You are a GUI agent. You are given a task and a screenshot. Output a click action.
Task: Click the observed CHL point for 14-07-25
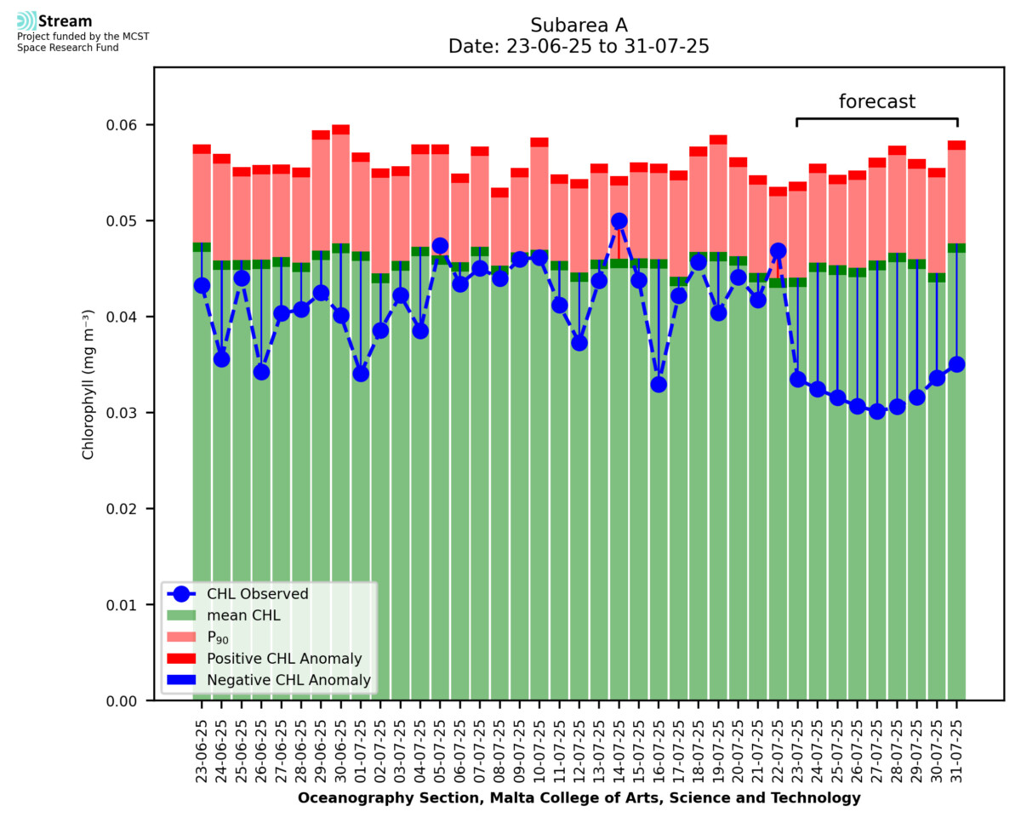tap(619, 221)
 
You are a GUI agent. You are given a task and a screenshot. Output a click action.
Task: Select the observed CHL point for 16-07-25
tap(659, 384)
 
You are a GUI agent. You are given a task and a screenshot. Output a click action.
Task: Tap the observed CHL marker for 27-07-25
tap(877, 411)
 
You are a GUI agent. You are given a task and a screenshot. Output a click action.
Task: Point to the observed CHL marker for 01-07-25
tap(361, 373)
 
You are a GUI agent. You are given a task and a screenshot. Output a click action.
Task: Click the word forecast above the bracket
tap(877, 102)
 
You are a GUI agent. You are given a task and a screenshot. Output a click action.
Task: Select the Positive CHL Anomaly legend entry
tap(284, 659)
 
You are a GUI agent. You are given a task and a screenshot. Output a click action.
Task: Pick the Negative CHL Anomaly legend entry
tap(288, 680)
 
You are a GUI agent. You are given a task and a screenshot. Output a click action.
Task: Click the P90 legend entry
tap(219, 637)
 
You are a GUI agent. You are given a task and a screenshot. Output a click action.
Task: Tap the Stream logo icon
tap(26, 21)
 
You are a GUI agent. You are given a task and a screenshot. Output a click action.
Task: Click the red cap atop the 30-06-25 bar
tap(341, 129)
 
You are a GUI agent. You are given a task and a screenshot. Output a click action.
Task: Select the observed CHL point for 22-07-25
tap(778, 251)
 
